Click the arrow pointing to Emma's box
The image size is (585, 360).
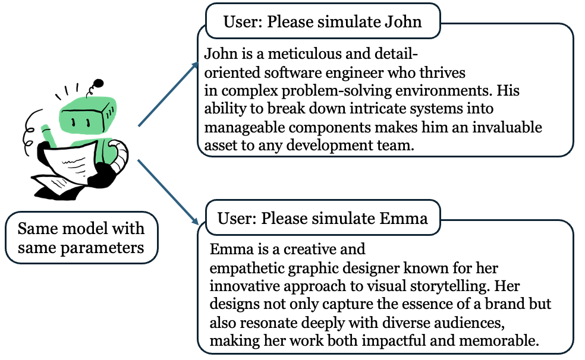pos(169,192)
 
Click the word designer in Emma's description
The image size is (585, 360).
pos(387,267)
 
